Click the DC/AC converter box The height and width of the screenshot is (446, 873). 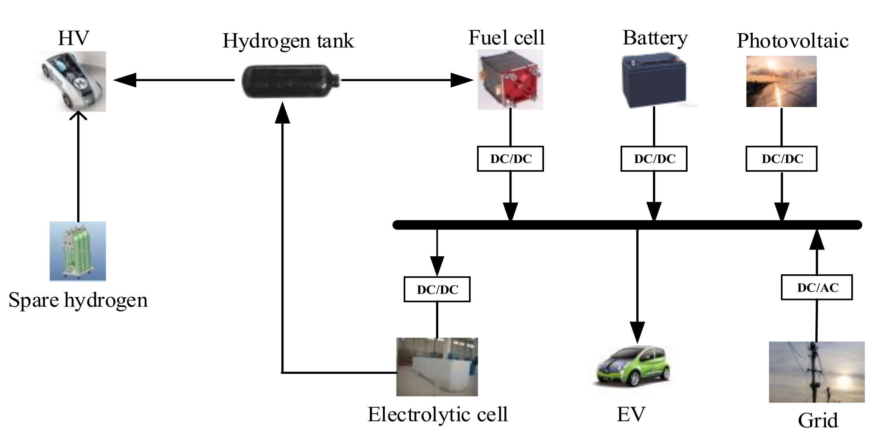[816, 287]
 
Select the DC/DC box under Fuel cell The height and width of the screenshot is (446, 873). [510, 159]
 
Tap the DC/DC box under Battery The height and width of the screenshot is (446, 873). [654, 159]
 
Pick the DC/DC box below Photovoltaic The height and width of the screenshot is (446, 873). [781, 159]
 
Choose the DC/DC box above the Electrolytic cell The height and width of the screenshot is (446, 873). [437, 289]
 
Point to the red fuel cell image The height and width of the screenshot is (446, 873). [510, 80]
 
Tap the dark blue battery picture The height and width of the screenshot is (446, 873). [654, 80]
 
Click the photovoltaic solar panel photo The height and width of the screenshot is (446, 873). [781, 81]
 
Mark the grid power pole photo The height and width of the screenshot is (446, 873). [816, 372]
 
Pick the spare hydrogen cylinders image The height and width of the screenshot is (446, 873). [77, 251]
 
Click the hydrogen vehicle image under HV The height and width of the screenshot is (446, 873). [71, 81]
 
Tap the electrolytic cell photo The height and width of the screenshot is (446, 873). [437, 367]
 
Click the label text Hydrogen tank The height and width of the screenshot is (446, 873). [288, 41]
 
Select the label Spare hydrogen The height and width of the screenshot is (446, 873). [78, 300]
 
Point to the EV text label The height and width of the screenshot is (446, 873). [631, 414]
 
